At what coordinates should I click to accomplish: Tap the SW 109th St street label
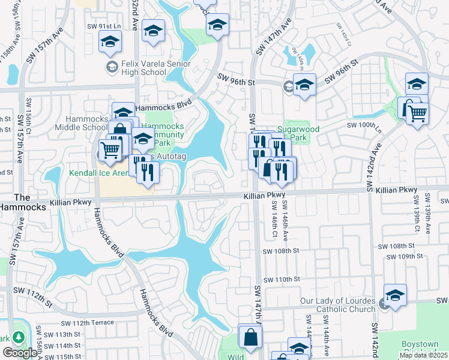tap(405, 257)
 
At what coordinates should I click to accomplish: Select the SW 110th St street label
tap(280, 279)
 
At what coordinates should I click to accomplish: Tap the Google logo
tap(20, 353)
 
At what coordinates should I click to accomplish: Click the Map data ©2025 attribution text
tap(424, 355)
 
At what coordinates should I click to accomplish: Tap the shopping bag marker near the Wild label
tap(249, 337)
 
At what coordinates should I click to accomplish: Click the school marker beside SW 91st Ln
tap(110, 41)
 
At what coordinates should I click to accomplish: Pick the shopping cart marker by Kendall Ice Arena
tap(110, 149)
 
